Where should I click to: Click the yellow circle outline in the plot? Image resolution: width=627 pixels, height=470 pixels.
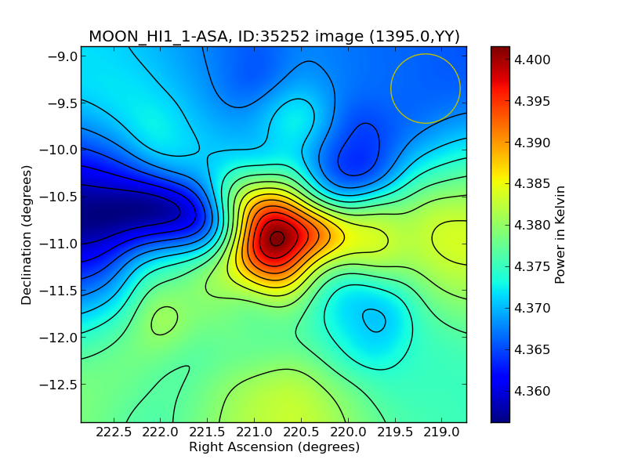tap(426, 55)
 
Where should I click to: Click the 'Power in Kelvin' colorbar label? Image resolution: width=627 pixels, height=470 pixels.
tap(560, 234)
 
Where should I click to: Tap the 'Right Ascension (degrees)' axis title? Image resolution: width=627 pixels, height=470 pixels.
tap(274, 447)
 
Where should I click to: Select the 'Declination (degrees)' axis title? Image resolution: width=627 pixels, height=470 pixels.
tap(27, 234)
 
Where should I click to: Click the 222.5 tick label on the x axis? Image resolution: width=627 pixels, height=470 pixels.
tap(115, 432)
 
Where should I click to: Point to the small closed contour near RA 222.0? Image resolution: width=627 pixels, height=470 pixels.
tap(165, 320)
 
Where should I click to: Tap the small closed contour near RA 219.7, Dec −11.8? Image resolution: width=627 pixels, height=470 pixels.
tap(374, 320)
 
